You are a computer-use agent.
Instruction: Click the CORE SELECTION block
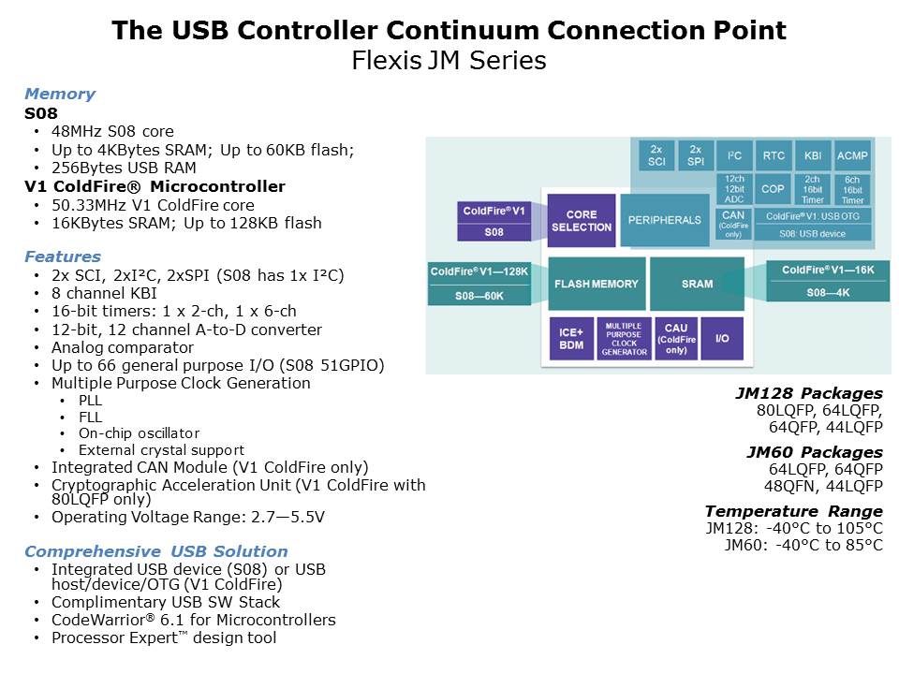point(581,220)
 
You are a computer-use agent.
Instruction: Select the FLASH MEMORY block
point(596,284)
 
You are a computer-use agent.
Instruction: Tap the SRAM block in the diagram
point(697,284)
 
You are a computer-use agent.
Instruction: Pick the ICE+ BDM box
point(570,338)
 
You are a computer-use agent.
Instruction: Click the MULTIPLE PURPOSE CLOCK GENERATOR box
point(624,339)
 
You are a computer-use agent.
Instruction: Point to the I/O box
point(722,338)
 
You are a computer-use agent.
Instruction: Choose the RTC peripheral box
point(774,155)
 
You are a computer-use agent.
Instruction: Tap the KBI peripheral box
point(812,155)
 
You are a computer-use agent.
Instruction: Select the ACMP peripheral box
point(852,155)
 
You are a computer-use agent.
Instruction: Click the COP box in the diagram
point(774,188)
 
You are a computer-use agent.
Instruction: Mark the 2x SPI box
point(695,155)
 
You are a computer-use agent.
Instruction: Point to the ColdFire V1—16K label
point(828,270)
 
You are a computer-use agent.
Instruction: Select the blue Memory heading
point(60,94)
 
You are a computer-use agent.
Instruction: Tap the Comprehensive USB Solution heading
point(156,551)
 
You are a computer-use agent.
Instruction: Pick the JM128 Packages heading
point(809,393)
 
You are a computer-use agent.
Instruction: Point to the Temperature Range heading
point(793,511)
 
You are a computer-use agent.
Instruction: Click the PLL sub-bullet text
point(91,400)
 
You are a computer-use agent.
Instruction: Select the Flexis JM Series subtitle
point(449,62)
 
